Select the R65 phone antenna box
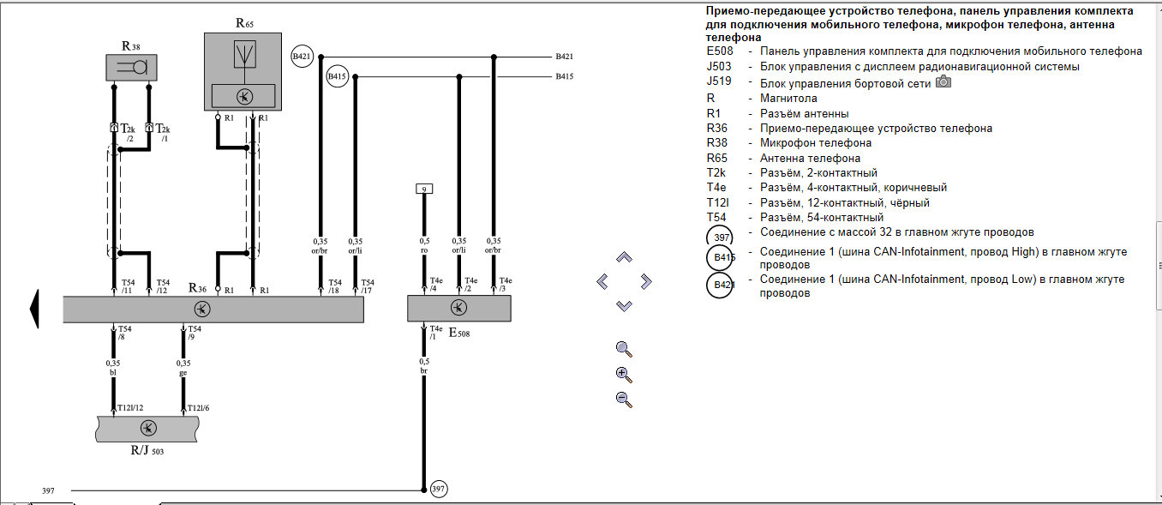[243, 71]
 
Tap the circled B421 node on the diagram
[302, 57]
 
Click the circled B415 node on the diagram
[338, 77]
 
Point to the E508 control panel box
[458, 308]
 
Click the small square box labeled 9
[423, 189]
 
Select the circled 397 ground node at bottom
[438, 490]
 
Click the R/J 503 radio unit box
[147, 429]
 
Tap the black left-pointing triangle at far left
[34, 309]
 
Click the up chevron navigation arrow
[624, 257]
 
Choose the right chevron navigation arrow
[646, 281]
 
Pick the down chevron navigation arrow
[624, 305]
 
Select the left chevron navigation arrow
[602, 281]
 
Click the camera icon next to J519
[943, 81]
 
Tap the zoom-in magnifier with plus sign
[624, 374]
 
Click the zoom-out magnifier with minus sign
[624, 399]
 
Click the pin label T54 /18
[334, 286]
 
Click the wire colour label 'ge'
[183, 372]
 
